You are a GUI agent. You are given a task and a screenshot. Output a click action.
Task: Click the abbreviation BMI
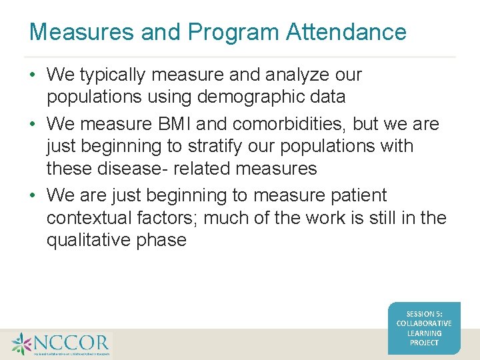tap(175, 125)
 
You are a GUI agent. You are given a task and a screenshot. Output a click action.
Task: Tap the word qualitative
tap(88, 240)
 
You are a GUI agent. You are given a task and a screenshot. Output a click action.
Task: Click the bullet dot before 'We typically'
tap(33, 75)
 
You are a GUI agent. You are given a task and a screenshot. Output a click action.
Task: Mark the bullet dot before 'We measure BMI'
tap(33, 125)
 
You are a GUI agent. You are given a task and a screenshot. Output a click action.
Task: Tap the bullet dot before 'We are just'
tap(33, 195)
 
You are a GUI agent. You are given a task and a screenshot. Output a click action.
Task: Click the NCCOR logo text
tap(72, 343)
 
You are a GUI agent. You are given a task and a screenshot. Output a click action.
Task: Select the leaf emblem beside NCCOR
tap(21, 344)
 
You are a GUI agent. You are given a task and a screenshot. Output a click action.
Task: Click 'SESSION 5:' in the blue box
tap(424, 313)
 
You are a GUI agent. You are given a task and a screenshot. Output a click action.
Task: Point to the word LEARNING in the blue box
tap(424, 333)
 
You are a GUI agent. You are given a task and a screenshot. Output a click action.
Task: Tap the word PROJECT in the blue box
tap(424, 343)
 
